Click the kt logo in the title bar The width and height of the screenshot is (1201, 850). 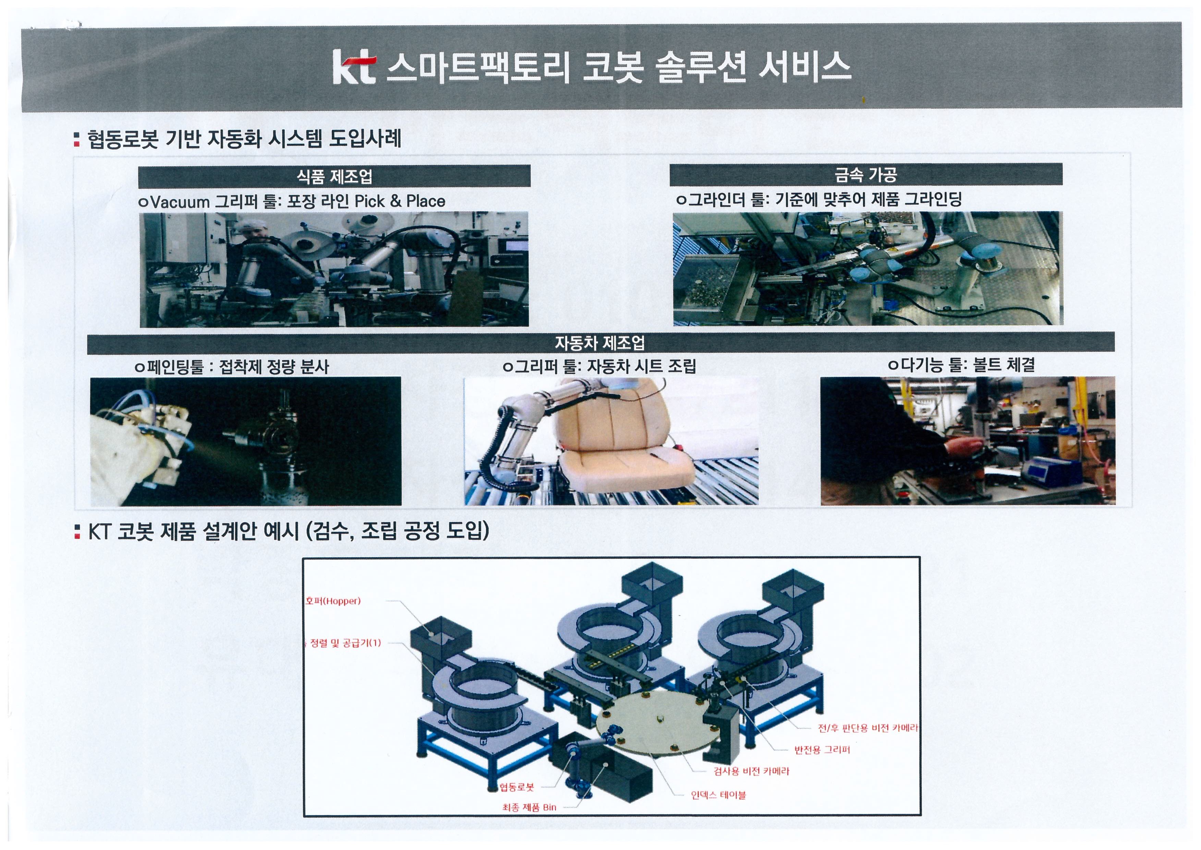[354, 67]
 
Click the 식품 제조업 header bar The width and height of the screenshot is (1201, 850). [334, 176]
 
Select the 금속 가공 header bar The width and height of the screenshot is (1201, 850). [866, 174]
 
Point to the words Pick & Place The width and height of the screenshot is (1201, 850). [400, 201]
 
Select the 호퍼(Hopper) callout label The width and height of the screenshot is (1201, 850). [333, 601]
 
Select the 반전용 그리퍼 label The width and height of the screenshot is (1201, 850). [822, 749]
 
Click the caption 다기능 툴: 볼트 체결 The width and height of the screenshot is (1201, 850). [961, 365]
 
